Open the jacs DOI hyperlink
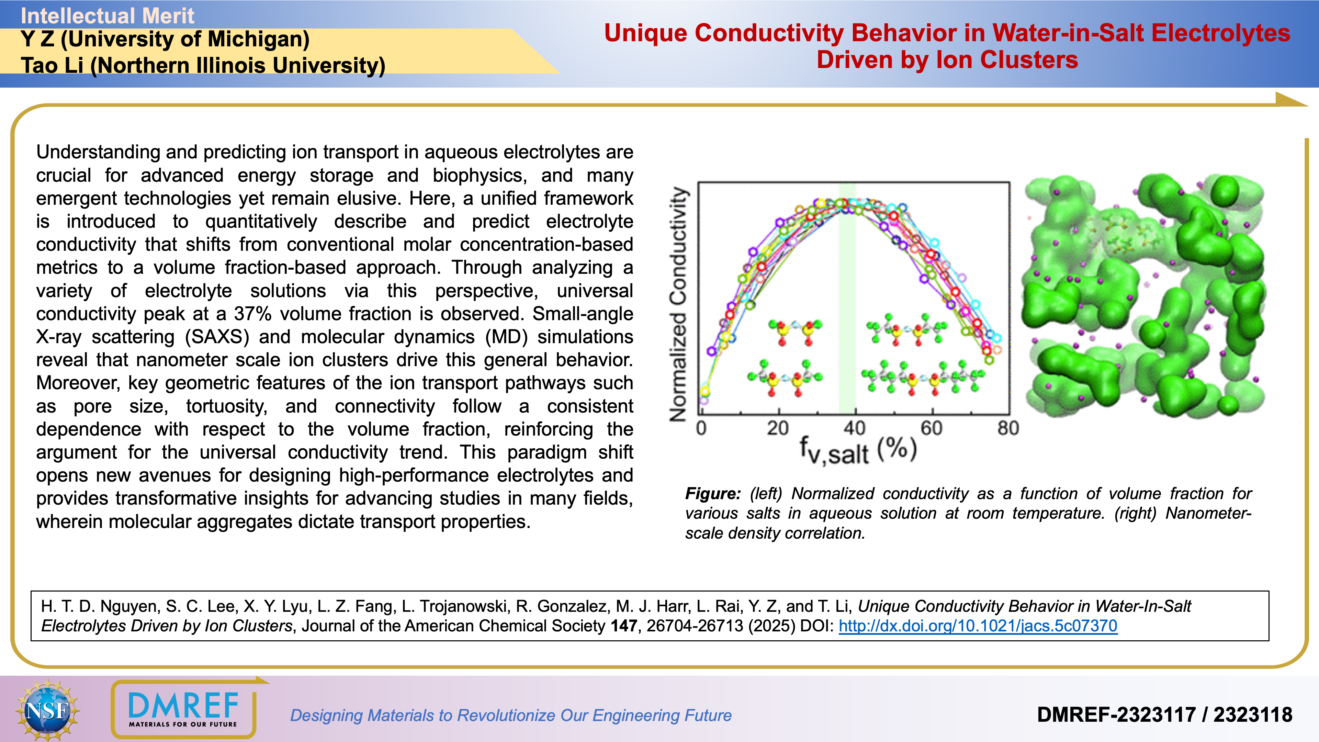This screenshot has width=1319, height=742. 978,626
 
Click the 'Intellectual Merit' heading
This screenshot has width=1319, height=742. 107,15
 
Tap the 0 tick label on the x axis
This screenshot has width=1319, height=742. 701,428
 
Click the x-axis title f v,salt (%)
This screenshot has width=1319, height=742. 858,451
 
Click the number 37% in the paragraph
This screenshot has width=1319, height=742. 252,313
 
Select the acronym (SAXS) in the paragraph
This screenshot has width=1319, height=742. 217,336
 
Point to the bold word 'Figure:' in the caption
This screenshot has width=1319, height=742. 713,493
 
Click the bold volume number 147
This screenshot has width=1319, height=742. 624,626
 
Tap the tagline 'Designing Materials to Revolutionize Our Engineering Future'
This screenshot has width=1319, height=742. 510,715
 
